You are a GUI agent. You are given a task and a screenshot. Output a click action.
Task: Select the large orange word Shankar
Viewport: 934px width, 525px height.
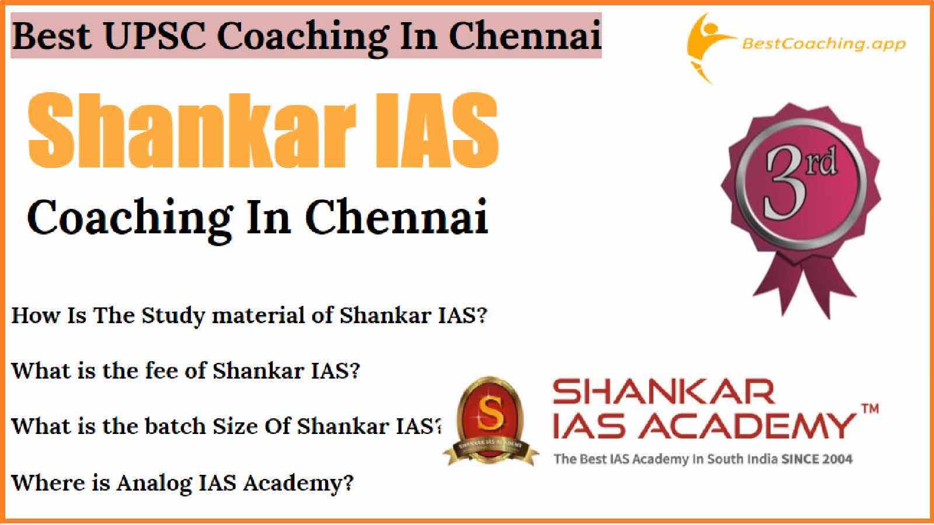[192, 131]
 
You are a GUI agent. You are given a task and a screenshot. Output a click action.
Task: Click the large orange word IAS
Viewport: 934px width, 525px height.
[437, 131]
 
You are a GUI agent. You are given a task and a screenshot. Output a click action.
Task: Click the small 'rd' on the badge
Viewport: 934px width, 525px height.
[823, 161]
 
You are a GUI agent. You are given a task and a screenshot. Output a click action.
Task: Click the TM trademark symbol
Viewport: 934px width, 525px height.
[870, 409]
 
